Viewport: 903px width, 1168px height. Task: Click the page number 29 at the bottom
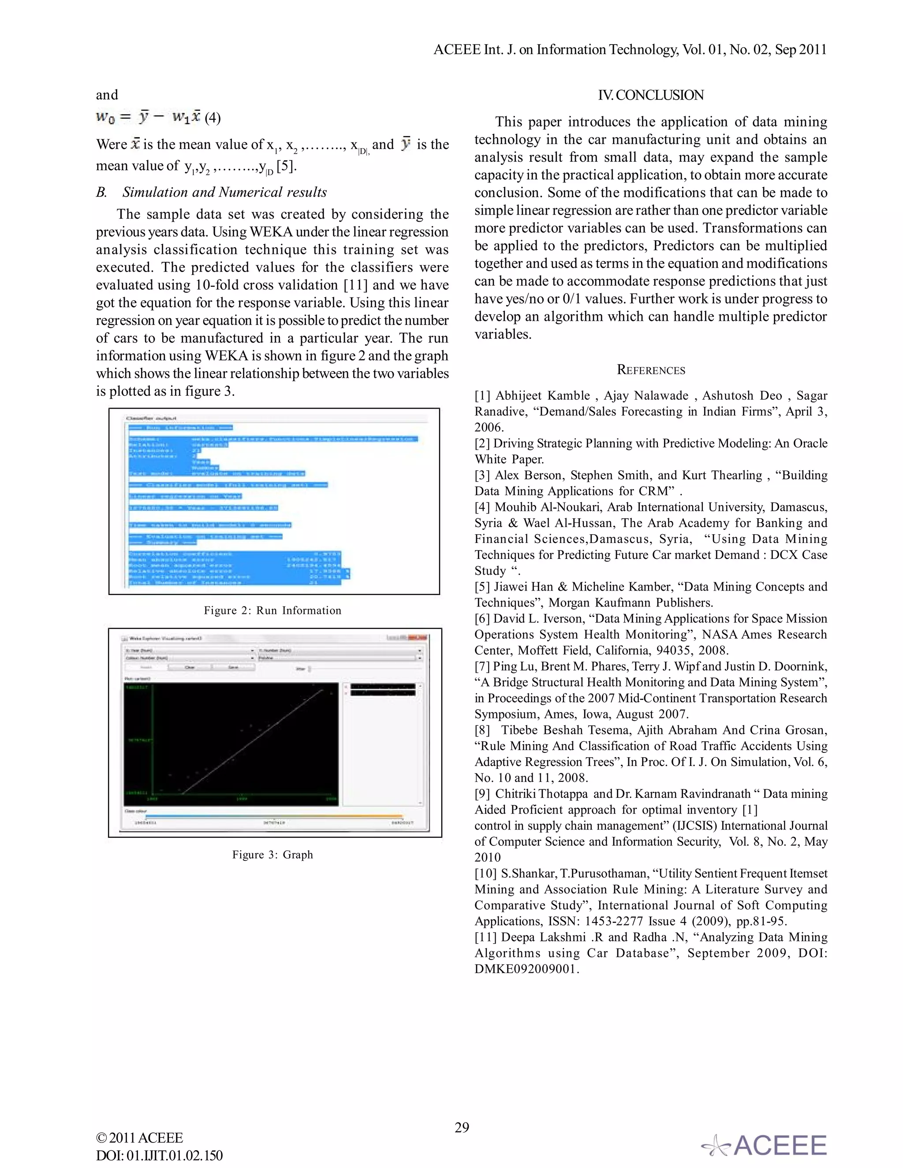coord(462,1127)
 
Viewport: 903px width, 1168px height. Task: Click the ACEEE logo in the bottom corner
coord(765,1146)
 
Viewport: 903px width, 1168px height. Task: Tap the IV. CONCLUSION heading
coord(650,95)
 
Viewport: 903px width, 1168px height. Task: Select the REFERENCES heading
coord(650,370)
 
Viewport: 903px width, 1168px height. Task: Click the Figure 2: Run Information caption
coord(272,610)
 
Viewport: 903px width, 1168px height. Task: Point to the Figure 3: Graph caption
coord(272,855)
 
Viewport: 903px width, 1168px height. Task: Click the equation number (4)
coord(213,118)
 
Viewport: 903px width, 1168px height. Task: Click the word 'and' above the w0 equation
coord(106,95)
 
